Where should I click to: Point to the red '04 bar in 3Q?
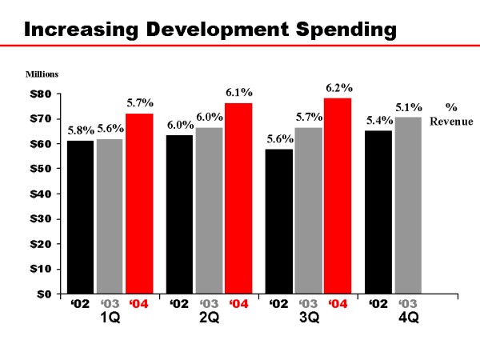coord(338,196)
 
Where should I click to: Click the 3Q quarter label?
coord(309,318)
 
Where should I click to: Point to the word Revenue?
coord(451,122)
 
